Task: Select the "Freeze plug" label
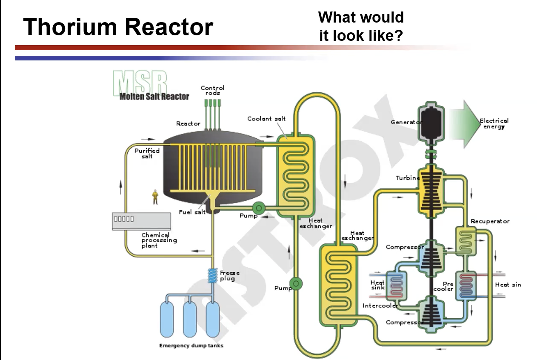click(230, 275)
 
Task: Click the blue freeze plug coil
click(212, 275)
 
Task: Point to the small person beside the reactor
click(155, 197)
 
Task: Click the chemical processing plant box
click(141, 221)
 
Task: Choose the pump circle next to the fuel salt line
click(258, 208)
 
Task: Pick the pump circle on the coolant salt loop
click(296, 283)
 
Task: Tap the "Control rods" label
click(212, 90)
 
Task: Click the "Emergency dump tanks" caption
click(191, 346)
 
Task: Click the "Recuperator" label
click(490, 221)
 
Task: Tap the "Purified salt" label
click(147, 153)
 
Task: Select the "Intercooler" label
click(380, 306)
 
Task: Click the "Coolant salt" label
click(266, 119)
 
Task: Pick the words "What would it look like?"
click(361, 26)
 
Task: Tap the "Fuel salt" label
click(192, 212)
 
